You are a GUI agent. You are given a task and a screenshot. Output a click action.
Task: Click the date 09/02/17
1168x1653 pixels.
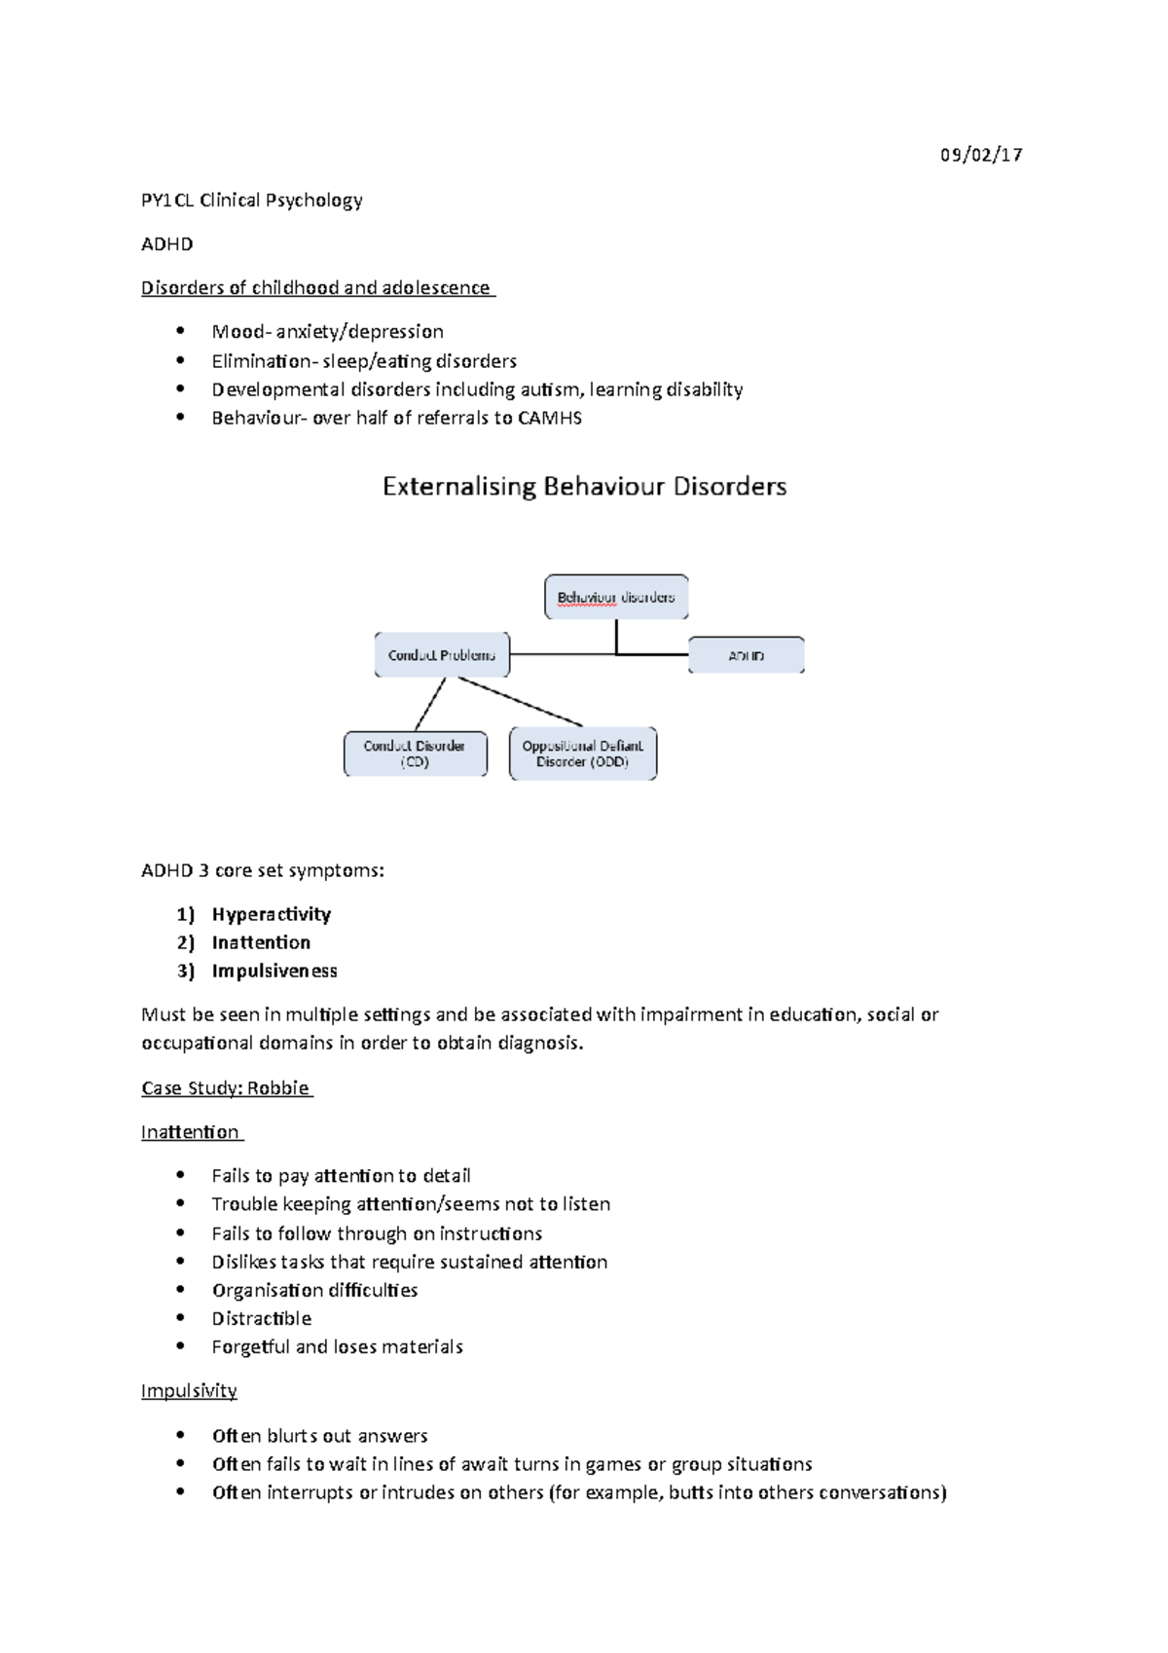click(980, 155)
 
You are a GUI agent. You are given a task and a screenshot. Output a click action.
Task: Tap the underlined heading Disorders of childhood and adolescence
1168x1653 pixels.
click(316, 288)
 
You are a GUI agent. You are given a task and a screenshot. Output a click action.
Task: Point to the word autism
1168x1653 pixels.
click(550, 389)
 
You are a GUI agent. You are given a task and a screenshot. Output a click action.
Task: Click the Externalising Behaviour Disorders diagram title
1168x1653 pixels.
click(584, 487)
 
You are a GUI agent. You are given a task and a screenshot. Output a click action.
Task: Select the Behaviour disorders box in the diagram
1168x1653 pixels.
click(616, 597)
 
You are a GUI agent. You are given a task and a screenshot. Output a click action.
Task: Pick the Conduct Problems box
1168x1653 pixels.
click(442, 655)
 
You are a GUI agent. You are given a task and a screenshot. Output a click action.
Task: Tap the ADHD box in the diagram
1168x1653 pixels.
click(747, 655)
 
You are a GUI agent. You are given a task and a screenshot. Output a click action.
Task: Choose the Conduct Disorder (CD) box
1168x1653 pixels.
click(415, 753)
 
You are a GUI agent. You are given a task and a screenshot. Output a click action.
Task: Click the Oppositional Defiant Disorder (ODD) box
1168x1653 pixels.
click(583, 753)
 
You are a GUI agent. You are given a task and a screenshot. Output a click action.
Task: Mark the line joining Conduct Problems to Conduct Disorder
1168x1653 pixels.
click(430, 704)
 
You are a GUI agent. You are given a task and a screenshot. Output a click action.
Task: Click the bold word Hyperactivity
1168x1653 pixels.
click(272, 914)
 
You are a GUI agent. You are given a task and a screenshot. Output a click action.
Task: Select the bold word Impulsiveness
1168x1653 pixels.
click(274, 971)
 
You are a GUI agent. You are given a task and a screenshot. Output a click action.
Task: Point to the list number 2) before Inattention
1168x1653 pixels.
click(185, 942)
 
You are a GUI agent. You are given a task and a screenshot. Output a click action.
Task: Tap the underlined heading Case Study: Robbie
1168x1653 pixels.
click(226, 1088)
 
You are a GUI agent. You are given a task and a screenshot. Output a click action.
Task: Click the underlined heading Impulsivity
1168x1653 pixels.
click(189, 1391)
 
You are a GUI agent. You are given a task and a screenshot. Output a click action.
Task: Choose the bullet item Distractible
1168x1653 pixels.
click(262, 1319)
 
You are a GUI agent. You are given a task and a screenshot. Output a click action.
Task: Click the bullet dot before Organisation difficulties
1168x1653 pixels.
click(181, 1290)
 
